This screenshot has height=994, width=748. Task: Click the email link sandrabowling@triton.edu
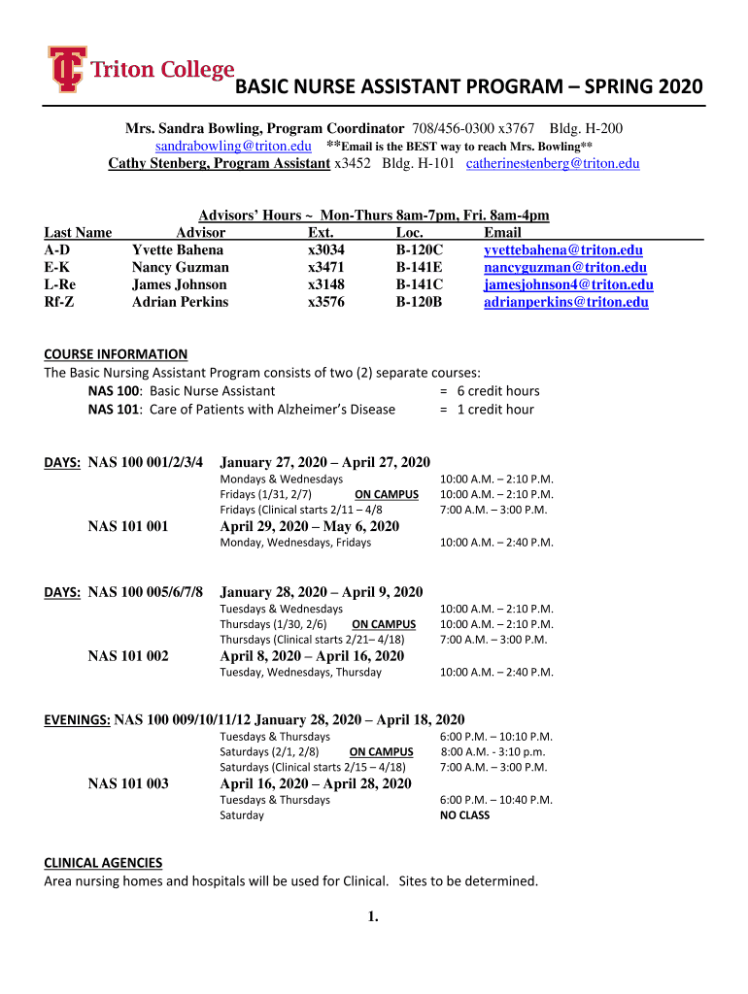233,146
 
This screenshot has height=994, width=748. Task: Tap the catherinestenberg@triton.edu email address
553,163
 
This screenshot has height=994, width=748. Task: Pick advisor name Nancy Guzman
181,268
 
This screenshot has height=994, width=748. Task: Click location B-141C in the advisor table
419,285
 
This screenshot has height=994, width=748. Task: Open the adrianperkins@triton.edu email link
565,303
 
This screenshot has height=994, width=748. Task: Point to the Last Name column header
78,233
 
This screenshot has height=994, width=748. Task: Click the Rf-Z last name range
60,303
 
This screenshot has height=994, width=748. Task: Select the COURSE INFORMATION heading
116,354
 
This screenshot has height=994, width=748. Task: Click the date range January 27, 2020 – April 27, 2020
324,462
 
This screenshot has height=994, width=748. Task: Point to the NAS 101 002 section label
127,656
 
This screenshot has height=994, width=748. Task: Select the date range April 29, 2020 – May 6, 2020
309,526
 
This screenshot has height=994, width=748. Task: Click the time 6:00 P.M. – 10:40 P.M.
495,800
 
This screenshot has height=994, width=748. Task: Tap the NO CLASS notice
464,815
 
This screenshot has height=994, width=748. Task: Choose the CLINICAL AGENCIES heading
103,863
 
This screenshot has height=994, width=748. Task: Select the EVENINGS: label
78,720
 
